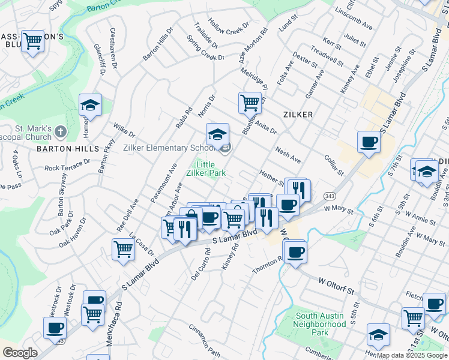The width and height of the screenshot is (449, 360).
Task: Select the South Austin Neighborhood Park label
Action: tap(320, 323)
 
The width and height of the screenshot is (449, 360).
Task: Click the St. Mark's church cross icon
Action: tap(60, 131)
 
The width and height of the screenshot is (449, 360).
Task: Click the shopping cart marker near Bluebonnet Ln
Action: tap(249, 102)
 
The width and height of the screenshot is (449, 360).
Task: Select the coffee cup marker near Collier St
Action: tap(369, 142)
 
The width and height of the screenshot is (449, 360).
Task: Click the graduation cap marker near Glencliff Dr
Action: tap(90, 105)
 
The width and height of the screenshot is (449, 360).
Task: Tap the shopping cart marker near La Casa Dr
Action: tap(123, 248)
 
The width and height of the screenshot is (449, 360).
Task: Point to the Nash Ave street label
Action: tap(288, 155)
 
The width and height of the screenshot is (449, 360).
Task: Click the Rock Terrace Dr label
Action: tap(67, 164)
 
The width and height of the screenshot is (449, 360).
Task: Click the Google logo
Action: tap(19, 353)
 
